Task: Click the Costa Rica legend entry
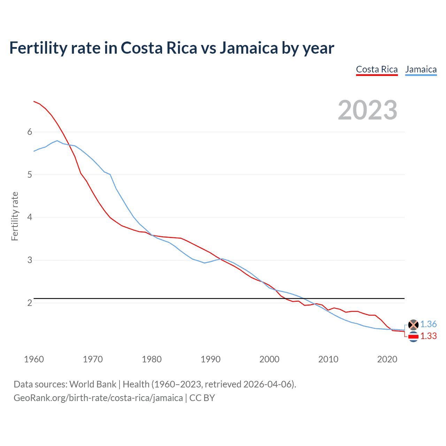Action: (x=377, y=69)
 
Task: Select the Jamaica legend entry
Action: (x=421, y=69)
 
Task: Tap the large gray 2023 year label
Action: (x=368, y=110)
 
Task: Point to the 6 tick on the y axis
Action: (x=30, y=132)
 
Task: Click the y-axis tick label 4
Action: (x=30, y=217)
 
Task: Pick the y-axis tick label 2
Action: (x=30, y=303)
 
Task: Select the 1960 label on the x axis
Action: (x=34, y=359)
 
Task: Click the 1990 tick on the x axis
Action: (x=210, y=359)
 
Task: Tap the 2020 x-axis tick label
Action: (x=387, y=359)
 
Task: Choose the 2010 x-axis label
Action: (x=328, y=359)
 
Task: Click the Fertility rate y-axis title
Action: (x=15, y=216)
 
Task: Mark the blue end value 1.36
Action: (x=428, y=324)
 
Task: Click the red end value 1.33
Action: (x=428, y=336)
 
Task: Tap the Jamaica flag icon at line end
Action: (x=413, y=325)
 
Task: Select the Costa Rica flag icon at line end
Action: (x=413, y=337)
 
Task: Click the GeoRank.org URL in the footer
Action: (x=98, y=398)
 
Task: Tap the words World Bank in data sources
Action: (x=93, y=384)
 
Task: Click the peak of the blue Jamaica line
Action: (x=57, y=141)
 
